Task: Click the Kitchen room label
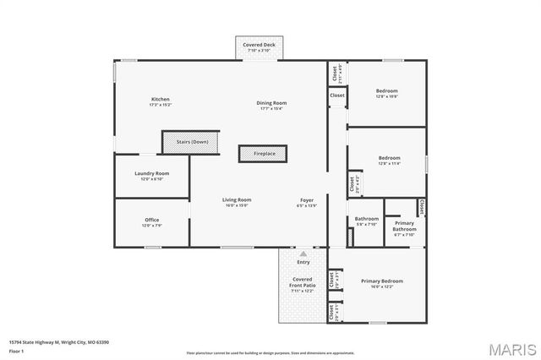tap(160, 101)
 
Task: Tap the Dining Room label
tap(272, 105)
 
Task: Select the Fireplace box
tap(264, 153)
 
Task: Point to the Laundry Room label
tap(151, 176)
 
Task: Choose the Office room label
tap(151, 222)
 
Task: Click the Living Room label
tap(238, 202)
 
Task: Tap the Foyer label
tap(306, 202)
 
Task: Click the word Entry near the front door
tap(303, 262)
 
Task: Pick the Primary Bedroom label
tap(382, 282)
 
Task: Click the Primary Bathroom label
tap(404, 227)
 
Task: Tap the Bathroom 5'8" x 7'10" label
tap(367, 221)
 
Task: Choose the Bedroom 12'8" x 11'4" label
tap(389, 161)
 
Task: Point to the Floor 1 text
tap(15, 350)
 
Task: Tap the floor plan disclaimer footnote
tap(270, 352)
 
